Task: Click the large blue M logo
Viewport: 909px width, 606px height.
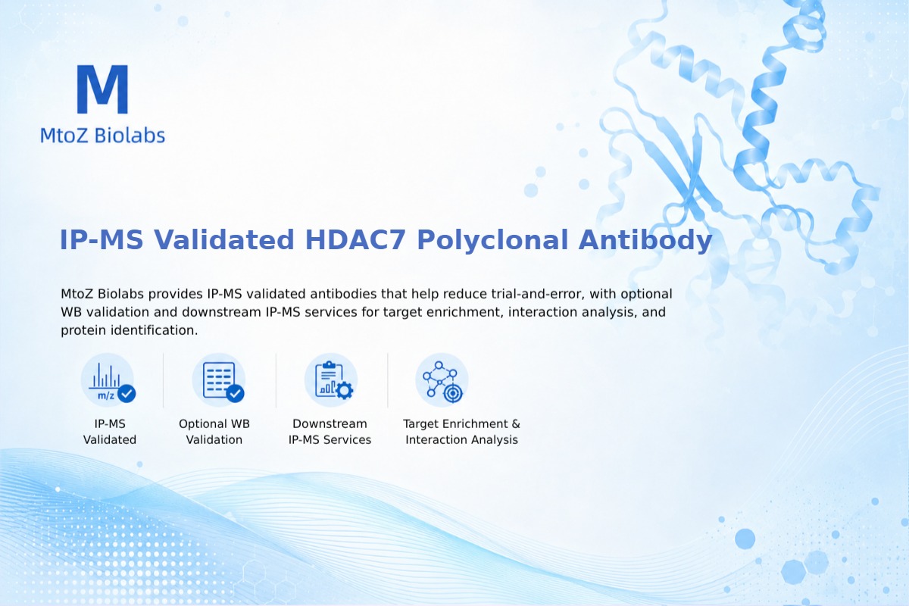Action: pos(103,89)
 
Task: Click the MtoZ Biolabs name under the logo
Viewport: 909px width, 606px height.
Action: pos(103,135)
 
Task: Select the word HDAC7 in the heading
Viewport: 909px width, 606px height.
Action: pos(355,240)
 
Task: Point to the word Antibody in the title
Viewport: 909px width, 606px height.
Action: pos(645,240)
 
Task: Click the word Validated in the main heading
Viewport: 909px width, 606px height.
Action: pos(223,240)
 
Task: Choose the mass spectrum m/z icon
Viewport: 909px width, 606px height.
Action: pos(108,380)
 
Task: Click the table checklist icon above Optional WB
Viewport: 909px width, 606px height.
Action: pos(219,380)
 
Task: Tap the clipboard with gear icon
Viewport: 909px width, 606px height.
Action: pos(331,380)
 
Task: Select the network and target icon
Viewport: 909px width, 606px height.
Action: pos(442,380)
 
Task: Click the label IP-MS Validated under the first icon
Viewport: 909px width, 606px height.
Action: pos(110,432)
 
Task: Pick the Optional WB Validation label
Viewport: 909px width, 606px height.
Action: pos(214,432)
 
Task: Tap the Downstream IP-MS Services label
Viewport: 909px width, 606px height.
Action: pos(330,432)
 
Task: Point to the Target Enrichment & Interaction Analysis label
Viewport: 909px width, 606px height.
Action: pos(462,432)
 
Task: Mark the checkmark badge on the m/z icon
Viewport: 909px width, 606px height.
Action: pos(127,393)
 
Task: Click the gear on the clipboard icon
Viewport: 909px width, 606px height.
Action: pos(345,390)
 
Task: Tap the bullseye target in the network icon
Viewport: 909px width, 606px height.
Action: pos(452,393)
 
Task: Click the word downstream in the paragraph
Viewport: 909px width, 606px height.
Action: pos(221,312)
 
